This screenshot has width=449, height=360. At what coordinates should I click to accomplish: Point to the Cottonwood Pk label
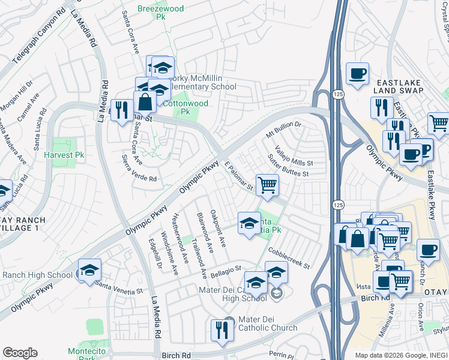(x=185, y=107)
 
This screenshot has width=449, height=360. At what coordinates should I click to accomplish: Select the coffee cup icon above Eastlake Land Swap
(x=357, y=73)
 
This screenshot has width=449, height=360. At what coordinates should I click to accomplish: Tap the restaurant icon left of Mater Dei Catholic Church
(x=221, y=329)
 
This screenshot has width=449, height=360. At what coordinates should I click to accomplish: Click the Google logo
(x=20, y=352)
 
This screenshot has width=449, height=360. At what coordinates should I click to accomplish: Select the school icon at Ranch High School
(x=89, y=270)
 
